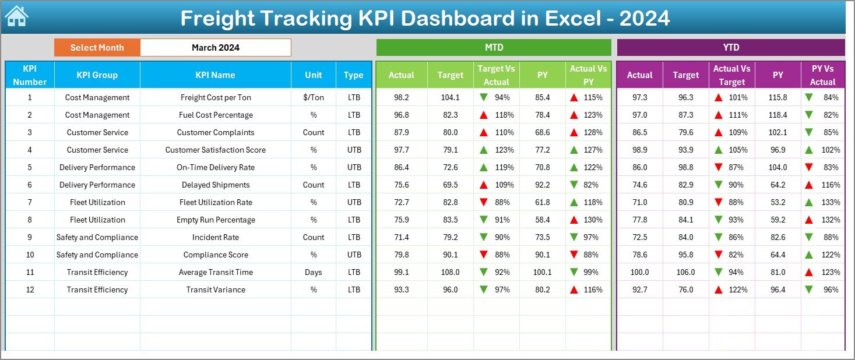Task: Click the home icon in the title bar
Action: [x=17, y=17]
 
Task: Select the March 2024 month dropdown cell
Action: [x=216, y=48]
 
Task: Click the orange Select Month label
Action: [x=97, y=48]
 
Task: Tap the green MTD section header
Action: [x=494, y=47]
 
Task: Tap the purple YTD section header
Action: [x=730, y=47]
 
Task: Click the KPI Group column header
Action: [x=97, y=75]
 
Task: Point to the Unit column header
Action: [x=314, y=75]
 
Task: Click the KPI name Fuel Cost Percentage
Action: [x=216, y=115]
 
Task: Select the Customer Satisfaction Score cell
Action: [x=216, y=150]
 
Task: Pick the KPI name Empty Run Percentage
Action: [x=216, y=220]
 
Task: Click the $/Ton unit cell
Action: [x=314, y=97]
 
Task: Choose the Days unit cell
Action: [x=314, y=272]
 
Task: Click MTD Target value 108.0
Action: [x=451, y=272]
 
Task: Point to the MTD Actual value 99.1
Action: [x=402, y=272]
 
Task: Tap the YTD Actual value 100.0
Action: [x=639, y=272]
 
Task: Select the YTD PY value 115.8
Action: [x=777, y=97]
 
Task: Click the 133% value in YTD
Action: [x=831, y=202]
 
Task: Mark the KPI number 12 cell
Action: [x=30, y=290]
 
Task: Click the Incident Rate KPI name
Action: [x=216, y=237]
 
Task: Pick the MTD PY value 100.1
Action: [x=543, y=272]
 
